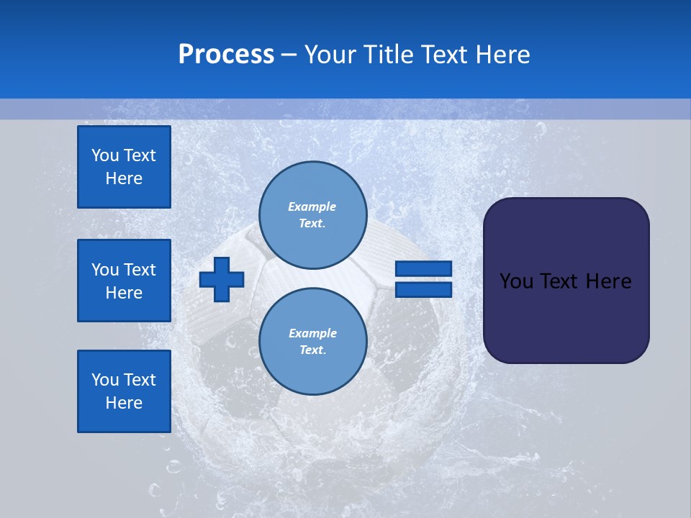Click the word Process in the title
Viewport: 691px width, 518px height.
(226, 55)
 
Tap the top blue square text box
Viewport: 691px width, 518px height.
(124, 167)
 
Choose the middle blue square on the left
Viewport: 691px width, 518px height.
(124, 281)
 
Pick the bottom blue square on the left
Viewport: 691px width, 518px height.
(124, 391)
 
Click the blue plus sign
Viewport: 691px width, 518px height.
(222, 279)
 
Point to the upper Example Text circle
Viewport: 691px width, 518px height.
(312, 215)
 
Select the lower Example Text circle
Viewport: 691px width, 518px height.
(312, 342)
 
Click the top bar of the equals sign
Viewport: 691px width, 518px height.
(423, 269)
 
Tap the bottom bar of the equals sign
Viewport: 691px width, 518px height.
(423, 289)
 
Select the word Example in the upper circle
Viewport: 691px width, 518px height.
(312, 206)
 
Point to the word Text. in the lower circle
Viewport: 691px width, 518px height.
(312, 350)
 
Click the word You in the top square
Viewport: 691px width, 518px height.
(105, 155)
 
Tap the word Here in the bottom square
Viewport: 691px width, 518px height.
(124, 403)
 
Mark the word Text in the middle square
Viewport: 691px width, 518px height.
(140, 270)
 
